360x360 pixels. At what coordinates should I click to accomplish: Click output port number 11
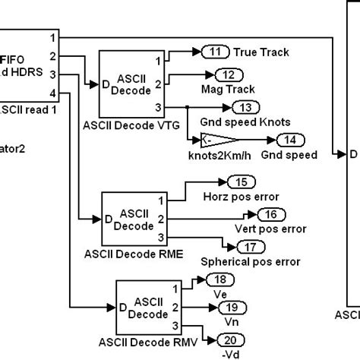[216, 52]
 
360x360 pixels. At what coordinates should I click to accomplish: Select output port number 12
[226, 74]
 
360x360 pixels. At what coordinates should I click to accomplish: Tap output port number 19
[229, 307]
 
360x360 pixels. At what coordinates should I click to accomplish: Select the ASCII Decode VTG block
[131, 81]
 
